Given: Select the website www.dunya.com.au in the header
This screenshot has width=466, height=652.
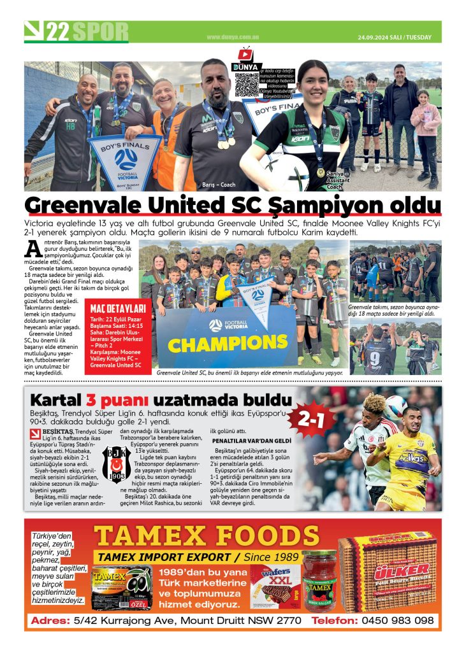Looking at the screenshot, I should (x=231, y=37).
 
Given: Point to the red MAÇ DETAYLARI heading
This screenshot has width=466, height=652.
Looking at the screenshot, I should (x=115, y=309).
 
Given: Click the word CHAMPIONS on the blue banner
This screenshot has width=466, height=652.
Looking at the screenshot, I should (x=219, y=344).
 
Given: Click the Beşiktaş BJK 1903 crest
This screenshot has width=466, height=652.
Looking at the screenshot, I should (x=117, y=464).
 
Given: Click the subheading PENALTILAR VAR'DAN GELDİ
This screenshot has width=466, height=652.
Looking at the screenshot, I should (x=251, y=441).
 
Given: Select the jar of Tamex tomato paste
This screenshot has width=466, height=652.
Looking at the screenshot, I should (x=319, y=581).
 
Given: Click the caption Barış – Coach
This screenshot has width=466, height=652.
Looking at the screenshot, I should (x=219, y=185).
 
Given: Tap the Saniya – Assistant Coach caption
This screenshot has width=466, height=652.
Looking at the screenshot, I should (x=335, y=180).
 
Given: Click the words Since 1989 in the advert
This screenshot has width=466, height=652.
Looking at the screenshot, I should (x=265, y=557).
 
